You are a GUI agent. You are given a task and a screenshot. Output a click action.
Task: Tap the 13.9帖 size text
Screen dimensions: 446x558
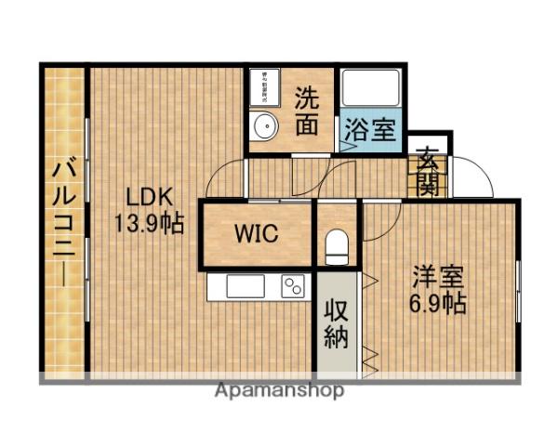[149, 223]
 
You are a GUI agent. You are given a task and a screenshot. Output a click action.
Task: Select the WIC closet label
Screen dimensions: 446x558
[256, 233]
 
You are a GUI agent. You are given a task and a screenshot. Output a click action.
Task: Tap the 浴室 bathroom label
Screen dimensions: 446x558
[369, 129]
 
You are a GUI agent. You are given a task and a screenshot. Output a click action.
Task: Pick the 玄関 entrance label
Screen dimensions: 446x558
[428, 171]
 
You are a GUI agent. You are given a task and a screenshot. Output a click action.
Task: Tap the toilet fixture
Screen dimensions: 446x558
[337, 246]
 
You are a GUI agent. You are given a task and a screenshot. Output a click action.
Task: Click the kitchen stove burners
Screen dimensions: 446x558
[292, 286]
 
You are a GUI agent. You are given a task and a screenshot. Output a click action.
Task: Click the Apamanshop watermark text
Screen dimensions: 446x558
[279, 390]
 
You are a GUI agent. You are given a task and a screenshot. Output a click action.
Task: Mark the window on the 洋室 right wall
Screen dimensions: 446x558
[518, 293]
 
